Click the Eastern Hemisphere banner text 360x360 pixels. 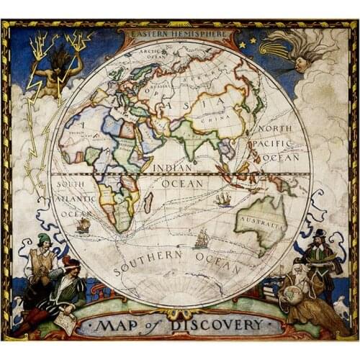176,32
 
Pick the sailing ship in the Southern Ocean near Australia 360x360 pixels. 201,238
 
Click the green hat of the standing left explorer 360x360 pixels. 45,238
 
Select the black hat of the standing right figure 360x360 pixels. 319,233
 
